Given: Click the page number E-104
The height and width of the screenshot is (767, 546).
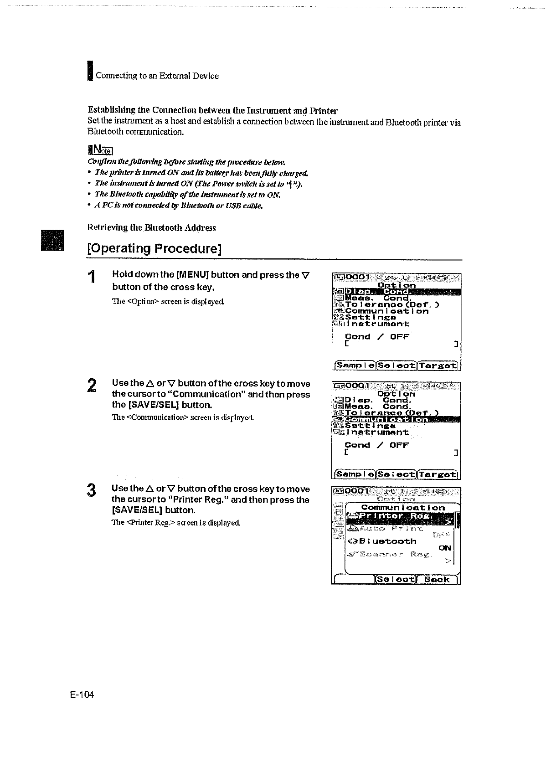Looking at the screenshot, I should point(82,695).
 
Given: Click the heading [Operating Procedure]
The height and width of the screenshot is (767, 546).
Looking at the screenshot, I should point(155,249).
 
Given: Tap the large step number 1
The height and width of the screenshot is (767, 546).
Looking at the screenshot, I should point(92,277).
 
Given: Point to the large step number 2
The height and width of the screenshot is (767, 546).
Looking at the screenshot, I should point(92,385).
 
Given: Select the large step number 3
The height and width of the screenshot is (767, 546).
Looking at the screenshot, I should point(92,491).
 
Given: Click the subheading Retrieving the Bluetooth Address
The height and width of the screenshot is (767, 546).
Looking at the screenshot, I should point(151,228).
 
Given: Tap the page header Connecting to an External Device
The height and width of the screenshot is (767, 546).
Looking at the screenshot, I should point(157,76).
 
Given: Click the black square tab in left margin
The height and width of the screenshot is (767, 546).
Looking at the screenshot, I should point(53,240).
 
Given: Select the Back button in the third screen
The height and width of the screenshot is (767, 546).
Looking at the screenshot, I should point(437,580).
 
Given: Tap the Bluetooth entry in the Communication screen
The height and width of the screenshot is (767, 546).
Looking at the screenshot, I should point(387,541).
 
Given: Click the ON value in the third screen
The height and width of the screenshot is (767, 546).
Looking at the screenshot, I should point(445,548).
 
